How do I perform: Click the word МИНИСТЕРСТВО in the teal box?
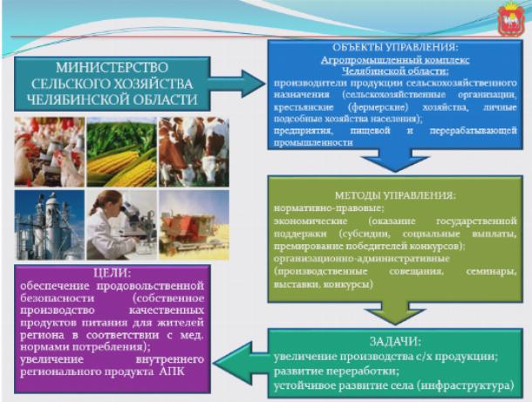coord(112,67)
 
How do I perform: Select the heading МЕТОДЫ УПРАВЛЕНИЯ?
coord(395,195)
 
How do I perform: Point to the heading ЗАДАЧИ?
coord(395,341)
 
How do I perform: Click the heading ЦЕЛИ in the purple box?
coord(112,273)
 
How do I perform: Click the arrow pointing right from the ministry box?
coord(236,84)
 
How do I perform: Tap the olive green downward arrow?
coord(395,313)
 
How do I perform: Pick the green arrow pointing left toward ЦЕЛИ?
coord(241,363)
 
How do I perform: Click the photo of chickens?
coord(49,152)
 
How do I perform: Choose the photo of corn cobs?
coord(122,152)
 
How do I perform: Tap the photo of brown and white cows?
coord(194,152)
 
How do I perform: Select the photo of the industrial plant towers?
coord(49,225)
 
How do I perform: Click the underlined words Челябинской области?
coord(395,72)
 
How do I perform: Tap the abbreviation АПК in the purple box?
coord(172,371)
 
